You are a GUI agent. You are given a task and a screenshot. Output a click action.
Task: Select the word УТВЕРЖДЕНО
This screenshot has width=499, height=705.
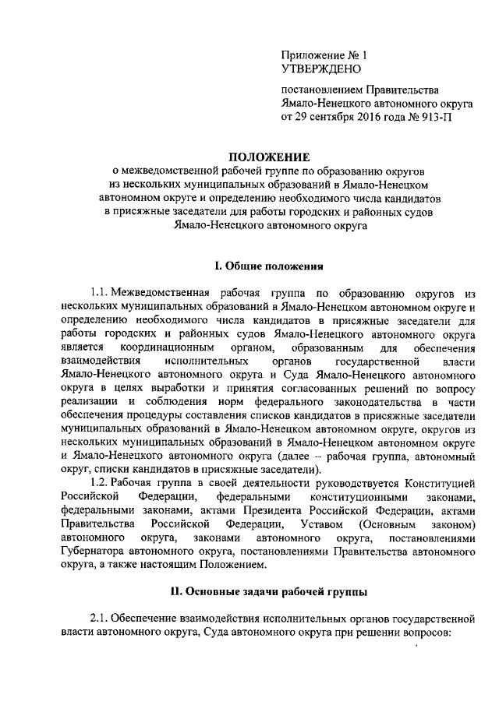pos(320,70)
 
